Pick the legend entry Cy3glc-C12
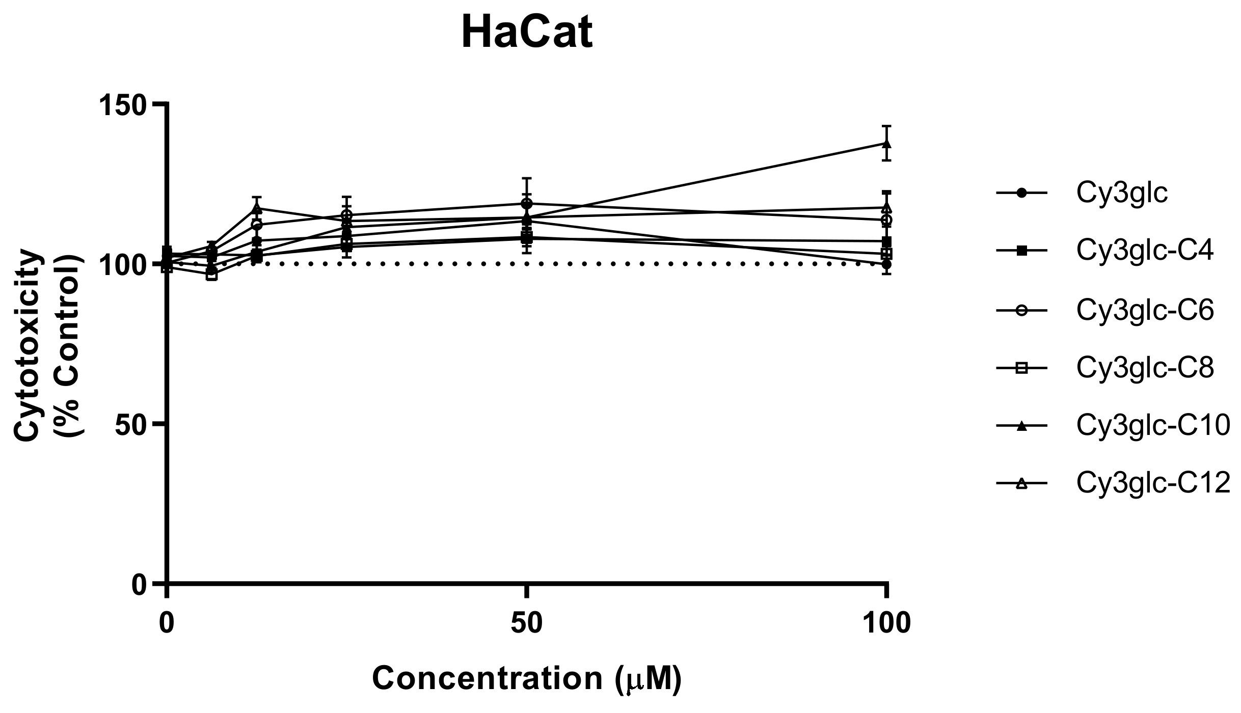click(x=1153, y=483)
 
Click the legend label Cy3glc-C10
click(x=1153, y=425)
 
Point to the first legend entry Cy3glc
click(x=1122, y=193)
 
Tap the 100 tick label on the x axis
click(x=886, y=624)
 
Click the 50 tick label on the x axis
click(x=527, y=624)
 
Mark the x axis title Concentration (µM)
click(x=527, y=678)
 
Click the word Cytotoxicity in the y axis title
click(x=26, y=346)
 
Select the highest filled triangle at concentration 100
click(x=887, y=144)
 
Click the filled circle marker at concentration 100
click(x=887, y=264)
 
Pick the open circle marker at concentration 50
click(x=527, y=204)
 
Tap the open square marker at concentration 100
click(x=887, y=254)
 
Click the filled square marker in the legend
click(x=1021, y=251)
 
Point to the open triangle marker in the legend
click(x=1021, y=483)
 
